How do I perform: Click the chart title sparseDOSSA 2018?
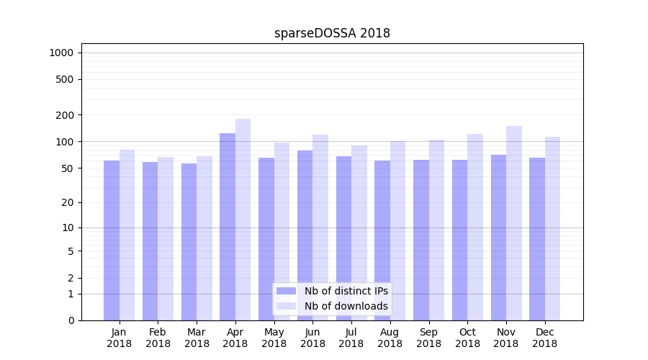pyautogui.click(x=332, y=33)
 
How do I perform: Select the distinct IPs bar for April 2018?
pyautogui.click(x=228, y=227)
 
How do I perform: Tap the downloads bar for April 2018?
pyautogui.click(x=243, y=220)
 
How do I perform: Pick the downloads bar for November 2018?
pyautogui.click(x=514, y=223)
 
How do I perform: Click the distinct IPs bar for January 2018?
pyautogui.click(x=112, y=240)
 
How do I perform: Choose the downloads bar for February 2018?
pyautogui.click(x=166, y=238)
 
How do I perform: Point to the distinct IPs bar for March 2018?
pyautogui.click(x=189, y=242)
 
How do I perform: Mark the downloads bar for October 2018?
pyautogui.click(x=475, y=227)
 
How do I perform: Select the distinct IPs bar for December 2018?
pyautogui.click(x=537, y=239)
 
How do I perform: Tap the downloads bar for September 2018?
pyautogui.click(x=436, y=230)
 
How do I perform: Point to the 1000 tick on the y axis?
pyautogui.click(x=61, y=53)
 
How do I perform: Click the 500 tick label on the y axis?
pyautogui.click(x=64, y=79)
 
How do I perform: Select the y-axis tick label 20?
pyautogui.click(x=67, y=202)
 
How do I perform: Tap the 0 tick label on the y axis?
pyautogui.click(x=71, y=320)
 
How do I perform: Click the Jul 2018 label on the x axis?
pyautogui.click(x=351, y=338)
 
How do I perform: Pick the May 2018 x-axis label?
pyautogui.click(x=274, y=338)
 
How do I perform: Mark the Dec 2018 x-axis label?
pyautogui.click(x=544, y=338)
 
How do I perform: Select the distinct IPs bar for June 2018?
pyautogui.click(x=305, y=235)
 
